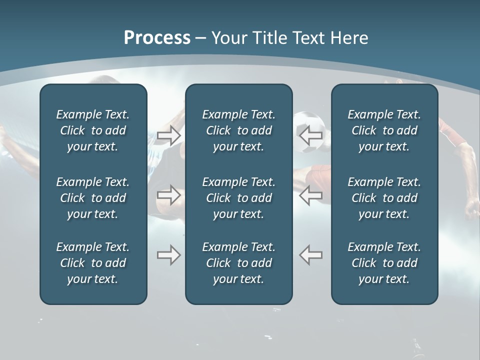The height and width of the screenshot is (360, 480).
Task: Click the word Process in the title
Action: (x=157, y=38)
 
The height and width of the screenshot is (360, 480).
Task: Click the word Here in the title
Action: (x=349, y=38)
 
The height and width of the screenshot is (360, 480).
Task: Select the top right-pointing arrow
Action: (x=168, y=134)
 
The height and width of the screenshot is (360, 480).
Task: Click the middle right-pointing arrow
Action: (x=168, y=195)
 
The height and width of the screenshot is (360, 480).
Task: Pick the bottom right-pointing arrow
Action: (x=168, y=255)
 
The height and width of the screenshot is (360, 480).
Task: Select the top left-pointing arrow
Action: (x=310, y=134)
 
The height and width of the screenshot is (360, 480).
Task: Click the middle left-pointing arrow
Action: (x=310, y=195)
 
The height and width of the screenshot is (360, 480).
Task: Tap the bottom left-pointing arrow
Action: (x=310, y=255)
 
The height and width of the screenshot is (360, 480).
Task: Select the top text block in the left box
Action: (x=93, y=130)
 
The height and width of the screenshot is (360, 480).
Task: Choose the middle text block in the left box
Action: (x=93, y=198)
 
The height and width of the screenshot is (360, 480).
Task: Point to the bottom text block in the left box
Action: (x=93, y=263)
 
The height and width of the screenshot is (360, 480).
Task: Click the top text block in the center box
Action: (x=238, y=130)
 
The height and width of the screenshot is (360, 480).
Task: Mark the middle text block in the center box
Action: (x=238, y=198)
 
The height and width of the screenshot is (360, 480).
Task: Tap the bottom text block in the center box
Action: (x=238, y=263)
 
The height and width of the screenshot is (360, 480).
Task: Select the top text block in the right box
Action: (x=384, y=130)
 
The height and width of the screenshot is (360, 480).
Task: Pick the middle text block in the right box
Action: (x=384, y=198)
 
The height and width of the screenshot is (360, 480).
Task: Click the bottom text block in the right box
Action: (x=384, y=263)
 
